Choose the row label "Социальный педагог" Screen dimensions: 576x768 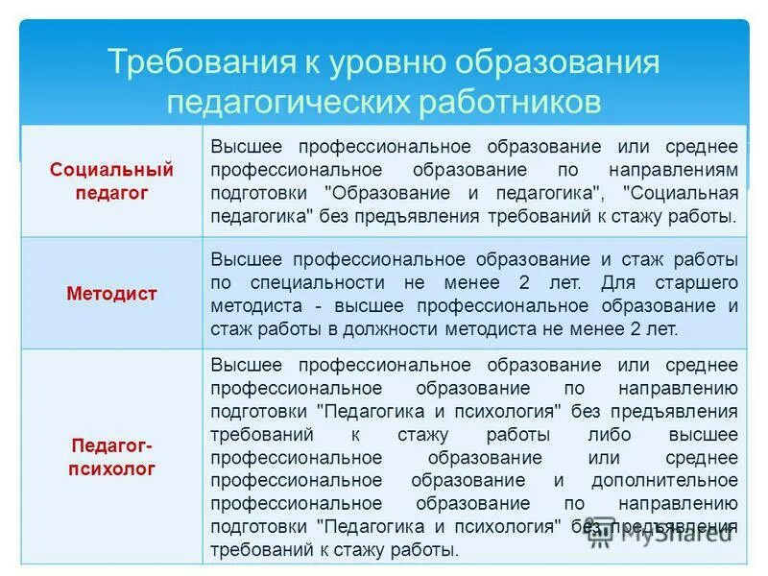pos(112,181)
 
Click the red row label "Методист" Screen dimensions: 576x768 pos(112,294)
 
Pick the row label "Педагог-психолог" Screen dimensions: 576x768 pos(112,457)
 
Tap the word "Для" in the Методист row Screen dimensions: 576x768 pos(616,283)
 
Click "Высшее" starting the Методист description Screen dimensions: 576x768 pos(248,260)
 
